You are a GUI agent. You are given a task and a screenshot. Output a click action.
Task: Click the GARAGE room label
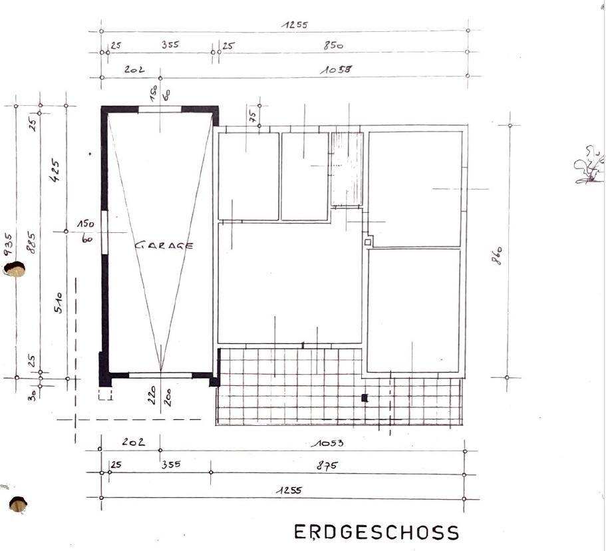tap(164, 245)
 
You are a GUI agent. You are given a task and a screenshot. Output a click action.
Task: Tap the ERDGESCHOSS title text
tap(377, 532)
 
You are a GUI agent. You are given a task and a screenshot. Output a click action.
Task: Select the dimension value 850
tap(333, 46)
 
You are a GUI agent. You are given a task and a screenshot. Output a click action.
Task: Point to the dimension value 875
tap(327, 466)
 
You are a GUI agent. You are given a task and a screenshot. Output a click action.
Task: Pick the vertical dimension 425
tap(56, 172)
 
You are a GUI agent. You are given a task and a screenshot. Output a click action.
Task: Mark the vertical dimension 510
tap(58, 303)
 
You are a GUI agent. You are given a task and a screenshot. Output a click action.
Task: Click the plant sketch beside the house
tap(589, 166)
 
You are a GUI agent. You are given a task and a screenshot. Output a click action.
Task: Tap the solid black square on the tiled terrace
tap(364, 398)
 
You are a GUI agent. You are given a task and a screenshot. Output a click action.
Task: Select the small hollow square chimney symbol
tap(367, 243)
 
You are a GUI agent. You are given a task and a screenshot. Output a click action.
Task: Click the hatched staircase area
tap(347, 169)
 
